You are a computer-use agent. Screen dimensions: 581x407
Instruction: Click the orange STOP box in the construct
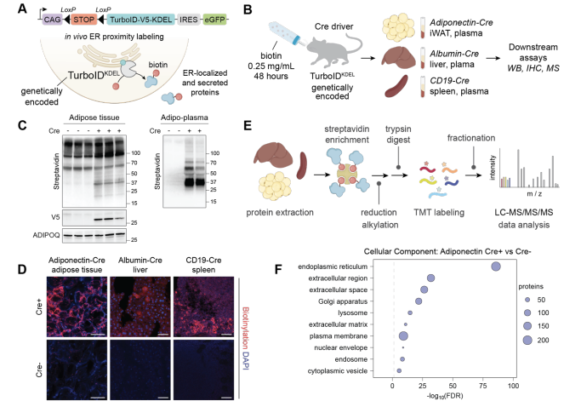tap(83, 20)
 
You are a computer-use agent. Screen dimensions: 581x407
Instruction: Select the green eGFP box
tap(214, 20)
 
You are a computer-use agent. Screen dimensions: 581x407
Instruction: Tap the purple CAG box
tap(52, 20)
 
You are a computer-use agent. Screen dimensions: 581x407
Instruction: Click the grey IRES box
tap(189, 20)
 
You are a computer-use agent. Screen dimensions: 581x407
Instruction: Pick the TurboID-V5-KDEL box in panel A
tap(141, 20)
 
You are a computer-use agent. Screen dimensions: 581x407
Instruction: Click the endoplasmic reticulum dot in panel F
tap(496, 267)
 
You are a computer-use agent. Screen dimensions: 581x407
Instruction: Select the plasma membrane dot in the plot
tap(403, 336)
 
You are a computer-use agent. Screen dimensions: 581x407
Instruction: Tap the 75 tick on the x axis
tap(483, 386)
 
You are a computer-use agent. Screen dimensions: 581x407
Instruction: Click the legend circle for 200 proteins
tap(527, 340)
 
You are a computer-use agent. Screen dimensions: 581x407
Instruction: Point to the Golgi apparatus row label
tap(343, 301)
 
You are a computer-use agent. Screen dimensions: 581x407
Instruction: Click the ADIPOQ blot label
tap(46, 235)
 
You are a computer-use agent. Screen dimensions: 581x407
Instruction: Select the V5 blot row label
tap(55, 217)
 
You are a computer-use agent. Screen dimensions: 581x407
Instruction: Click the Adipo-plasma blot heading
tap(184, 118)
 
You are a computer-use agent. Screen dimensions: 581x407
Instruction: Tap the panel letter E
tap(248, 125)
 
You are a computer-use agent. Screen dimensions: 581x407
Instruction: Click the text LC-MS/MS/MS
tap(523, 212)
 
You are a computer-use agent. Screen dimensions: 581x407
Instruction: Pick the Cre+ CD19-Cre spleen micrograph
tap(203, 307)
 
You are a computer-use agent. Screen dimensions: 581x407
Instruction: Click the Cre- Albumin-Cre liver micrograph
tap(140, 370)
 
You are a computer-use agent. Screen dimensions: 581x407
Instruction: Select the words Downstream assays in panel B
tap(533, 52)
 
